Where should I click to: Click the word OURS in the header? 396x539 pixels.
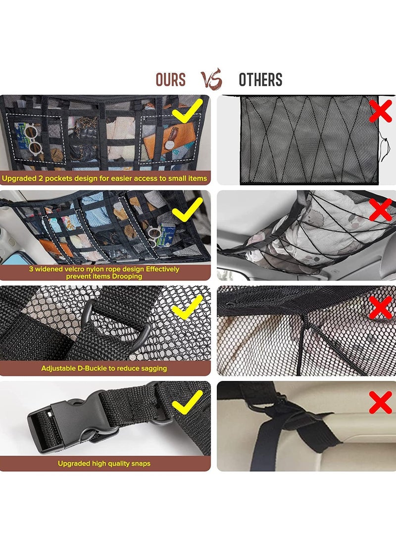(x=170, y=80)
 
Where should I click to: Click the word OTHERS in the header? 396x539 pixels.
(x=260, y=80)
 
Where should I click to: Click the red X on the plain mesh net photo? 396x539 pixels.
(x=381, y=111)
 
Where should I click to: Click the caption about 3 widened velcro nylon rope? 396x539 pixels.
(x=104, y=273)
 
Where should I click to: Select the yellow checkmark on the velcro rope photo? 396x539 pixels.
(x=187, y=207)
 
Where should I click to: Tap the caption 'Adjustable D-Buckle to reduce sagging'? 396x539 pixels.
(x=104, y=368)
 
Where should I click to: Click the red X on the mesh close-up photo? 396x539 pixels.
(x=381, y=307)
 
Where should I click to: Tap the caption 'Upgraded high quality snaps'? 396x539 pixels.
(x=104, y=463)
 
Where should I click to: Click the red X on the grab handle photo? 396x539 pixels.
(x=381, y=401)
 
